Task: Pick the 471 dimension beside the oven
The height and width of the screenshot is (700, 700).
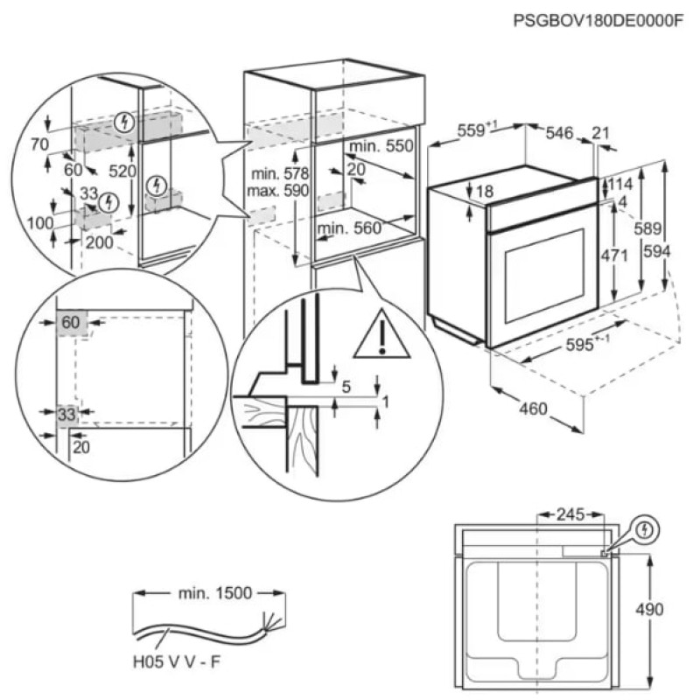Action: (617, 256)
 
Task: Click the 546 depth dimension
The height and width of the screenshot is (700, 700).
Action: (558, 133)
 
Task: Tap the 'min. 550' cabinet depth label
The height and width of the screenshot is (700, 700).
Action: (380, 146)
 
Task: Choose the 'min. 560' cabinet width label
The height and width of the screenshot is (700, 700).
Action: (350, 229)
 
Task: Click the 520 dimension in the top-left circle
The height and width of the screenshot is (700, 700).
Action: (122, 171)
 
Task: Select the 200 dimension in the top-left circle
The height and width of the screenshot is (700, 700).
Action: (100, 243)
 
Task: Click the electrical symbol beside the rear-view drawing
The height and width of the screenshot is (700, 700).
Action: (645, 529)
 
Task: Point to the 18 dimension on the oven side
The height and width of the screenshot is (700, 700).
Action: (486, 192)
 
